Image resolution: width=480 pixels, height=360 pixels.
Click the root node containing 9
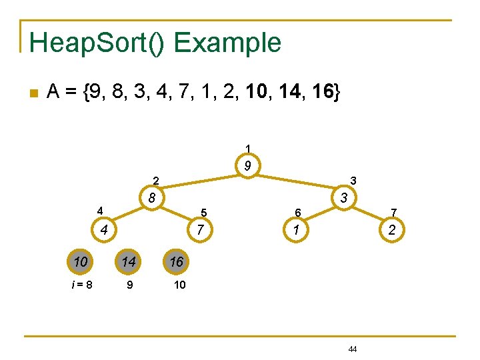coord(247,166)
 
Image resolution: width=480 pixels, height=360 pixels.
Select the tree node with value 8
coord(152,198)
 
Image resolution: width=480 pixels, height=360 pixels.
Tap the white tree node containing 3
coord(343,198)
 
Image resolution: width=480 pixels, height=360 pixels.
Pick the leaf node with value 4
coord(104,231)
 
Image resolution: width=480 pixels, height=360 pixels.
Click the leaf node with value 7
coord(199,231)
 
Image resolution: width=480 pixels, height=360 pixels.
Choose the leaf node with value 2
coord(391,231)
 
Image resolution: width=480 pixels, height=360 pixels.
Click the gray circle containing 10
coord(81,262)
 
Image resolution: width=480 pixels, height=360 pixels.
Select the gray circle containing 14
coord(128,262)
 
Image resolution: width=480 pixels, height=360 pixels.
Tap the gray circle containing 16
coord(176,262)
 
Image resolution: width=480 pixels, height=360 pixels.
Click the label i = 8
coord(81,285)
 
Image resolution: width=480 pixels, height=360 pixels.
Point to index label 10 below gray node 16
coord(179,285)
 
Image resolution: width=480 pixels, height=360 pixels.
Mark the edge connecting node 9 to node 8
coord(200,181)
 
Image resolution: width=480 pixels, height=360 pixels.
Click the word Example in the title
coord(227,43)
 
